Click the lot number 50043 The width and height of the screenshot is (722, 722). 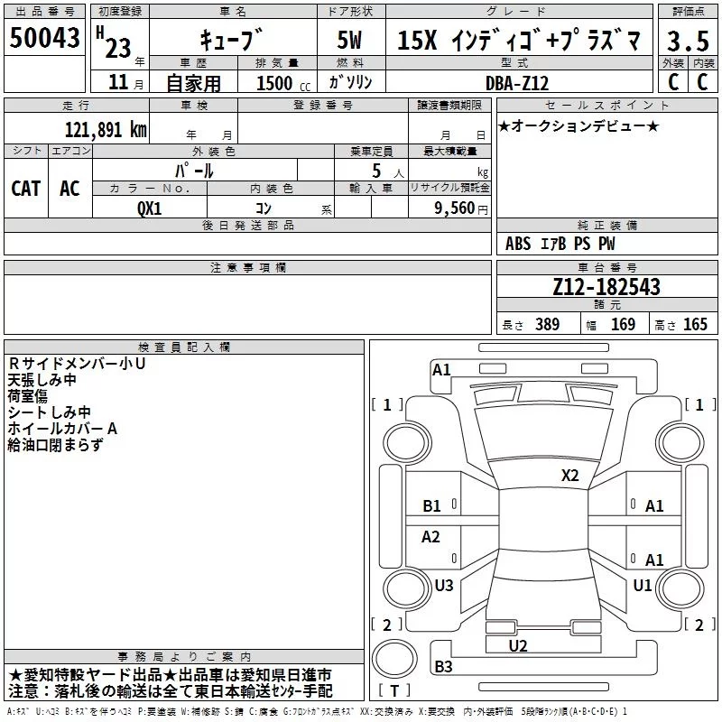tap(44, 37)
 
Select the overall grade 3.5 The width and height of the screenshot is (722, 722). tap(688, 41)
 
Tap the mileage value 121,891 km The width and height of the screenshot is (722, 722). tap(106, 130)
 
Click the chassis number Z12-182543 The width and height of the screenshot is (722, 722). tap(606, 287)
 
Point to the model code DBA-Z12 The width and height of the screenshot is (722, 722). tap(517, 83)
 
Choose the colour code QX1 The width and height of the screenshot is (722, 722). tap(150, 208)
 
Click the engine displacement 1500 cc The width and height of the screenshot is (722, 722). tap(283, 83)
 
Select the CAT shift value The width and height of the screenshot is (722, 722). tap(26, 189)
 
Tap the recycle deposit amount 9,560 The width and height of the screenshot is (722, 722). tap(455, 208)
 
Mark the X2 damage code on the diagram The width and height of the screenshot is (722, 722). tap(569, 476)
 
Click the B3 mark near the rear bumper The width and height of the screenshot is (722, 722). tap(443, 666)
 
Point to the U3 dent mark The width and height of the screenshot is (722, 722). tap(444, 585)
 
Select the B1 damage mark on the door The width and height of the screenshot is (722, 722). tap(431, 506)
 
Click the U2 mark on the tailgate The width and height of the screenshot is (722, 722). tap(518, 646)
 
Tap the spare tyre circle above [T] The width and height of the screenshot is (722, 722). tap(394, 659)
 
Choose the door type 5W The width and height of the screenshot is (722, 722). tap(349, 40)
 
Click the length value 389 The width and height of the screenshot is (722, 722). tap(547, 324)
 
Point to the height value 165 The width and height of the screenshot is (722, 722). tap(695, 324)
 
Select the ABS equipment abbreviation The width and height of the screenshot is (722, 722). tap(518, 244)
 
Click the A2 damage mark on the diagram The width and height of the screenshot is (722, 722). tap(430, 536)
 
